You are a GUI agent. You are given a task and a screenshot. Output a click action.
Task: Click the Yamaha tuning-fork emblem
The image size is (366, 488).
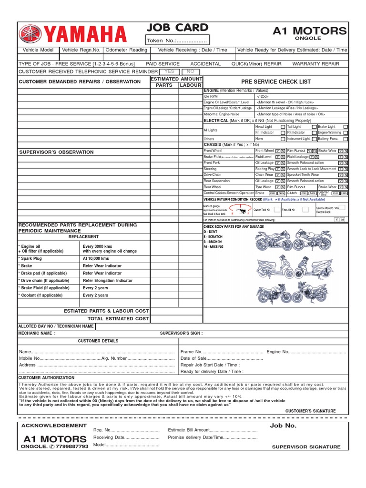(x=30, y=34)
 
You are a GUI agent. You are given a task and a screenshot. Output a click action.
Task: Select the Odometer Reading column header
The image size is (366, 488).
(x=126, y=50)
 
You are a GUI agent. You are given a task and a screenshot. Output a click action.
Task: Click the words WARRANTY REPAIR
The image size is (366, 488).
(x=315, y=64)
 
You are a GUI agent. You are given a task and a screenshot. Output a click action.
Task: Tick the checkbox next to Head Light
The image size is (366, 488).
(x=283, y=127)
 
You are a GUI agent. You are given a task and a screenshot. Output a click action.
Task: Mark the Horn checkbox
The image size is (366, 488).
(x=283, y=139)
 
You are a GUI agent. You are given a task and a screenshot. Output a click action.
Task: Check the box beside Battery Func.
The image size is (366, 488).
(x=346, y=139)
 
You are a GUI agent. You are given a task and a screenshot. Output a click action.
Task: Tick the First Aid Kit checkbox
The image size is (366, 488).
(x=305, y=209)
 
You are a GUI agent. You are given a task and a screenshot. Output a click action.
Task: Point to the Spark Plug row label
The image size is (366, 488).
(x=32, y=258)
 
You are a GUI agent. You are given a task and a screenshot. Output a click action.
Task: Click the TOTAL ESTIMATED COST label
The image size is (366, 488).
(x=118, y=318)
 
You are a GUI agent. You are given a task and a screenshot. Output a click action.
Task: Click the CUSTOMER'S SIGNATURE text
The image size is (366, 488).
(x=310, y=411)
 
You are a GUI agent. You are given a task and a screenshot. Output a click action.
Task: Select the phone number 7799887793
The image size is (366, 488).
(x=72, y=447)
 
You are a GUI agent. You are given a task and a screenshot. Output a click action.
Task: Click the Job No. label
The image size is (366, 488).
(x=283, y=426)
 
